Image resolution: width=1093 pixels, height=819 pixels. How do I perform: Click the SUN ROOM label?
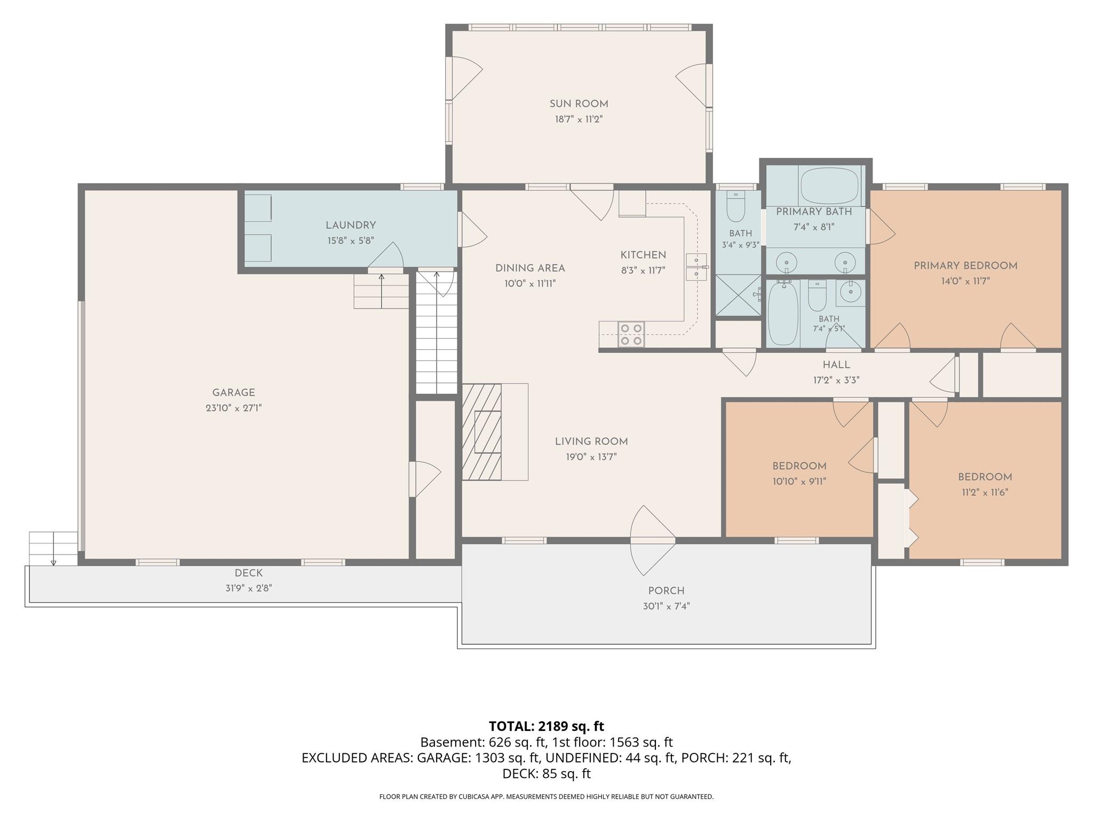pos(579,104)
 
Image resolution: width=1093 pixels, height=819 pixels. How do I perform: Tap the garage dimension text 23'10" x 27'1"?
pos(234,408)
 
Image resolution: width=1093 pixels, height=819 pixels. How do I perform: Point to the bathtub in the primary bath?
pos(829,186)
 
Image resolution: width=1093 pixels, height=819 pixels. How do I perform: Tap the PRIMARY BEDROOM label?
pos(965,266)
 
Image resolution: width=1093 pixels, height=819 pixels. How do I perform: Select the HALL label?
pos(836,365)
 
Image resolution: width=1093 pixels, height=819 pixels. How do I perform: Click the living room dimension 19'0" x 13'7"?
pos(591,457)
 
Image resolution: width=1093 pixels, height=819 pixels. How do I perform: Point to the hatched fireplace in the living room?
pos(481,432)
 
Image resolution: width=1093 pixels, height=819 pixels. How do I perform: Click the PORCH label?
pos(666,591)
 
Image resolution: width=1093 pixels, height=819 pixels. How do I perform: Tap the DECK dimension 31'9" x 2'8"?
pos(249,588)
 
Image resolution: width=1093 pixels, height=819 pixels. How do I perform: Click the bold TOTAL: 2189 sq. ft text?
pos(546,726)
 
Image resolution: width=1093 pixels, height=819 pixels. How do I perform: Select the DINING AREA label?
pos(530,268)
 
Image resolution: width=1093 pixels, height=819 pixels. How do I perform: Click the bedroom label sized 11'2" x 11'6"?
pos(985,477)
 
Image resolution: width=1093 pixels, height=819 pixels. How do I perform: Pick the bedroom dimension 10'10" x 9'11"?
pos(799,481)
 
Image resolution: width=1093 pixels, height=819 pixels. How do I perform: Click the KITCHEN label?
pos(643,255)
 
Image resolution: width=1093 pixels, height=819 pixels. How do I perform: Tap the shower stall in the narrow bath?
pos(738,295)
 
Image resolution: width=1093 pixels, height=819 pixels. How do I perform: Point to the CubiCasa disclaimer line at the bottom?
pos(546,797)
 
